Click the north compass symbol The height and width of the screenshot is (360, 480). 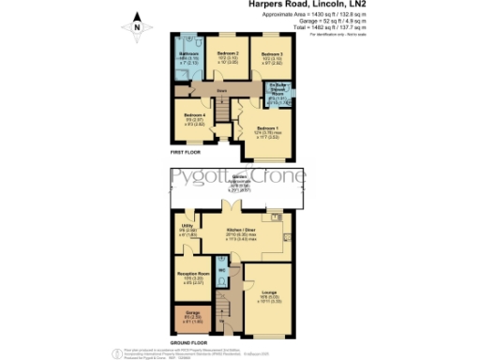point(138,25)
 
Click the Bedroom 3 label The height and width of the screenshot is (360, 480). point(272,57)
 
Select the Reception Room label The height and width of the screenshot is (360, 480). point(192,277)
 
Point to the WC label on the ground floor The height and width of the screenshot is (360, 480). point(223,271)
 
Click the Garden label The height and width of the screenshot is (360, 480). point(240,179)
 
